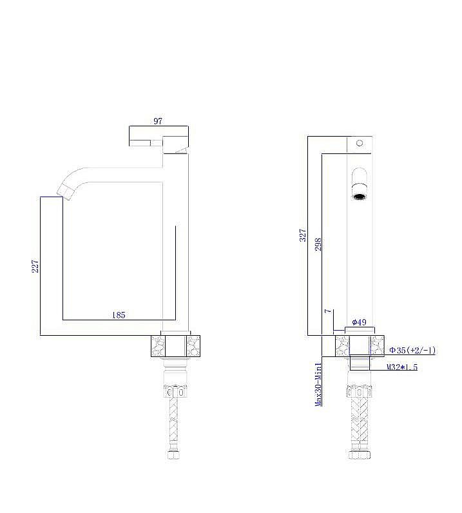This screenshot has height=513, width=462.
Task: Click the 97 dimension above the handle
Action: click(x=158, y=121)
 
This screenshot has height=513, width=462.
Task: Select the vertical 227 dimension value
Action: click(x=35, y=266)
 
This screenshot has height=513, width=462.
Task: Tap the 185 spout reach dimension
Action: click(x=119, y=315)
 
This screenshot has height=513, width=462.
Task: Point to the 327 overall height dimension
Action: click(x=303, y=236)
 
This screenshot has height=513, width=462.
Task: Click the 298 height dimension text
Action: click(x=318, y=244)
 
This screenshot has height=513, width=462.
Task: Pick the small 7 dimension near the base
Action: click(x=327, y=311)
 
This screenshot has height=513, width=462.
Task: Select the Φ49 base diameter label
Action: click(x=359, y=322)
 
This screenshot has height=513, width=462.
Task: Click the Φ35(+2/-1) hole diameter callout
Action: click(x=412, y=351)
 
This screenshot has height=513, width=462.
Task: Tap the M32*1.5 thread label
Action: click(x=402, y=367)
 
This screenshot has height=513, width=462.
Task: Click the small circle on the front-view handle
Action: click(x=360, y=143)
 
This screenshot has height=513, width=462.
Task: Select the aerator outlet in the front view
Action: click(x=360, y=192)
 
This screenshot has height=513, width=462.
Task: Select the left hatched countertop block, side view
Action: click(x=158, y=345)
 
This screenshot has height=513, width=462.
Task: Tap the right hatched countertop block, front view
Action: click(x=377, y=345)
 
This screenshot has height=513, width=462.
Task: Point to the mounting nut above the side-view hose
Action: click(x=174, y=391)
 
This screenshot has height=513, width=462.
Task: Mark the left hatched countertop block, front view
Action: click(x=342, y=345)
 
